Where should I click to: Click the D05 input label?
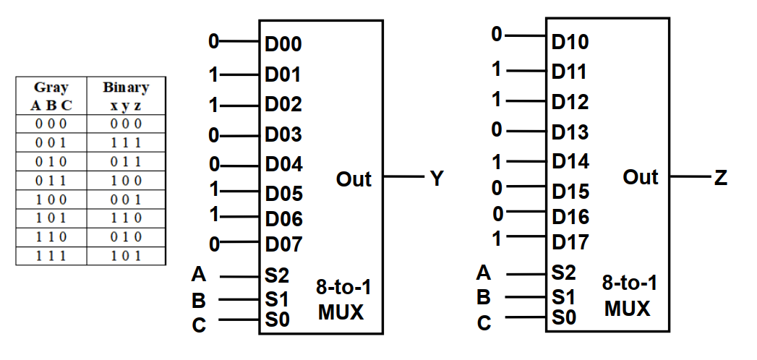[283, 194]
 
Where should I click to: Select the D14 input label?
[570, 160]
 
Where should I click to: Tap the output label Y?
[436, 179]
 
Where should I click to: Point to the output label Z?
[720, 177]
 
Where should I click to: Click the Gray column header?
[51, 87]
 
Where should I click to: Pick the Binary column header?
[126, 87]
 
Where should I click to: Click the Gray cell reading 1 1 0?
[51, 237]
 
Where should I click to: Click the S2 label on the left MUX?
[278, 275]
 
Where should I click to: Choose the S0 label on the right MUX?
[564, 317]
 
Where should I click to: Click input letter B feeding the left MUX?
[199, 299]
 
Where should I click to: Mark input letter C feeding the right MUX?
[484, 323]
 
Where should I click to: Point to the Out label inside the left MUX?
[354, 179]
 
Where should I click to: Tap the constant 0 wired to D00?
[213, 42]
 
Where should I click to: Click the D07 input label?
[283, 244]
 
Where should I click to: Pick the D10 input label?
[570, 42]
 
